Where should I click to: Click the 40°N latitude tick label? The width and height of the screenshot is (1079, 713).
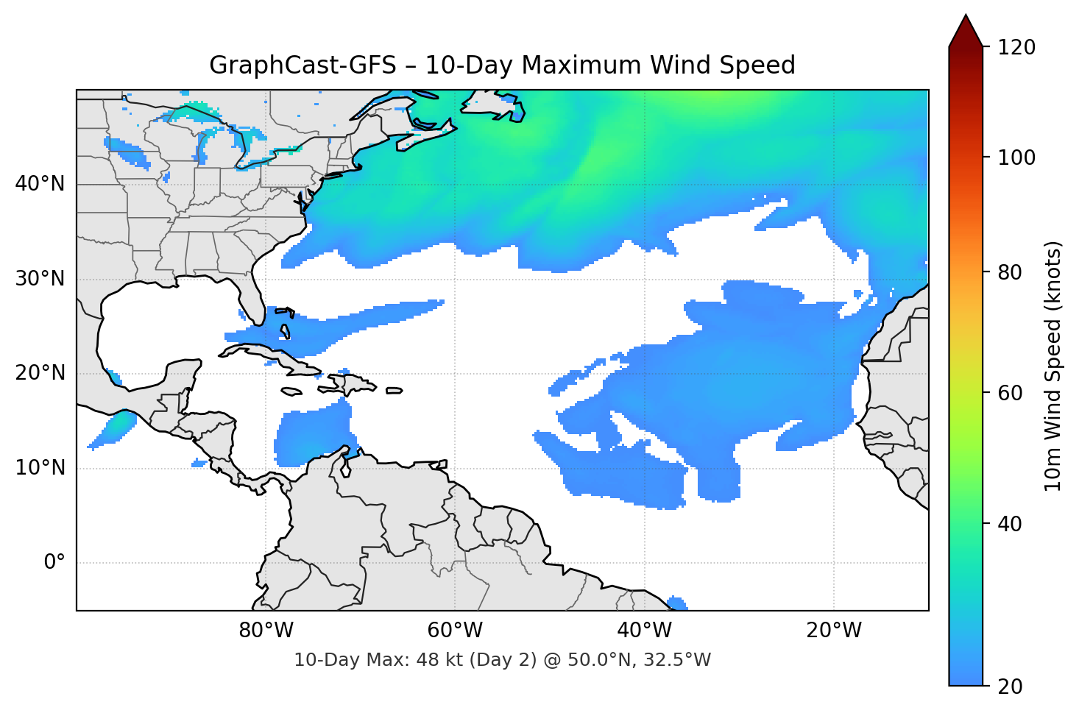pos(40,184)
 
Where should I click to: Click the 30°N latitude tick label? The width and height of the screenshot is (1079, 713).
pos(40,279)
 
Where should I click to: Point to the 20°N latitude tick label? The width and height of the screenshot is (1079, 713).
pos(40,373)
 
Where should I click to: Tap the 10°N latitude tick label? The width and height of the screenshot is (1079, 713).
pos(40,468)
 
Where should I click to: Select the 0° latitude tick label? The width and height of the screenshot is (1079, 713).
pos(54,563)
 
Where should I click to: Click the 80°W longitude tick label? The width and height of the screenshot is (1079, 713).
pos(266,631)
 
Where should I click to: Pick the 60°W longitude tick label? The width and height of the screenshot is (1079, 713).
pos(455,631)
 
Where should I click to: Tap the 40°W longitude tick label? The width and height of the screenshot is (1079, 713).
pos(644,631)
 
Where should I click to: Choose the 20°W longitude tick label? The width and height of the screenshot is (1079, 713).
pos(833,631)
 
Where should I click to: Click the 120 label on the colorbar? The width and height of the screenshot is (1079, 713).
pos(1016,48)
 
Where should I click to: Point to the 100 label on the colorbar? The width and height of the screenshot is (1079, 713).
pos(1016,157)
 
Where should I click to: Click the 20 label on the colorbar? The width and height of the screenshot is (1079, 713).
pos(1010,687)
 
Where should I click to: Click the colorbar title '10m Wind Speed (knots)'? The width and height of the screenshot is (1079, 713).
pos(1053,366)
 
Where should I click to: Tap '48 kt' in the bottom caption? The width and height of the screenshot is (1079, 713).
pos(435,660)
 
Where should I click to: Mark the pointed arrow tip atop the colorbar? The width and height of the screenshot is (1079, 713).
pos(966,16)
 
